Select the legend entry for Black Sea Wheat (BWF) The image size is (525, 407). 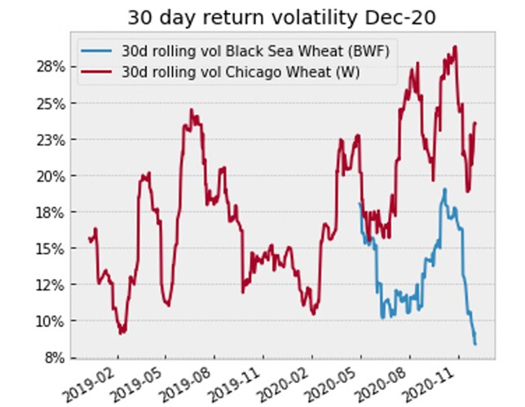(x=232, y=51)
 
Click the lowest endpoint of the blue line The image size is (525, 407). (x=475, y=344)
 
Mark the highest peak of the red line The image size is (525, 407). (x=455, y=46)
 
